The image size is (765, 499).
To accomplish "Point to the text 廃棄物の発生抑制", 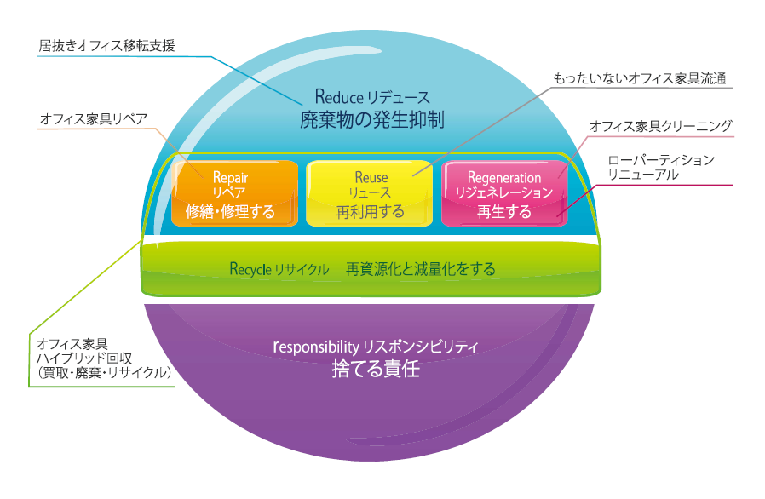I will point(371,118).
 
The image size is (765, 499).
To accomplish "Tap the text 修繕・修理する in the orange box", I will point(230,212).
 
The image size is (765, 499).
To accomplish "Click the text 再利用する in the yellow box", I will point(371,212).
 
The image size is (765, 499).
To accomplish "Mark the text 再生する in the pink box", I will point(504,212).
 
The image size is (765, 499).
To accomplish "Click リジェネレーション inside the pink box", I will point(504,193).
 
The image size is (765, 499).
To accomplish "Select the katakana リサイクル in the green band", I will point(302,270).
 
